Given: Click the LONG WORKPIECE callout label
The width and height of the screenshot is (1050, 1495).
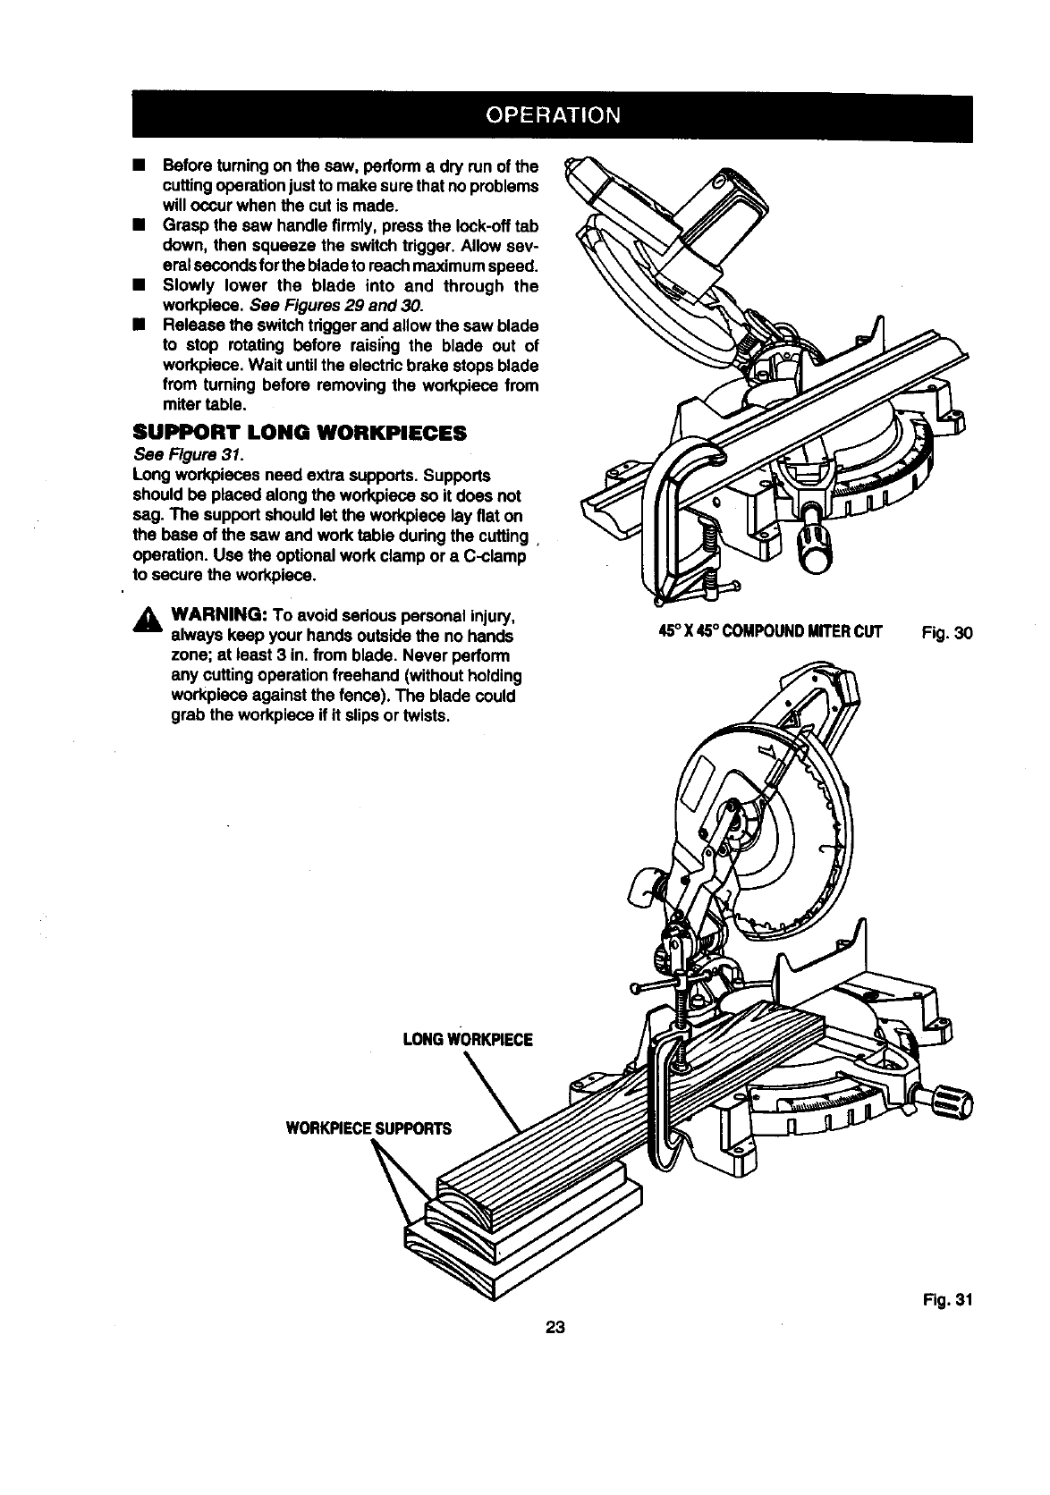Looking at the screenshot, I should (468, 1039).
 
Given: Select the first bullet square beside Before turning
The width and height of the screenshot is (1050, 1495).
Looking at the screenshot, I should (139, 166).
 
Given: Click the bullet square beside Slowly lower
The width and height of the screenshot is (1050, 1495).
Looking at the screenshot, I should (139, 286).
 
